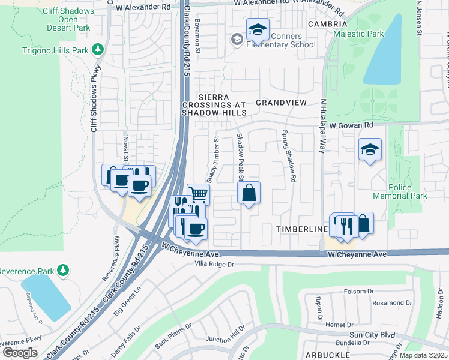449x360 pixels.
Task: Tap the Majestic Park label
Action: tap(358, 34)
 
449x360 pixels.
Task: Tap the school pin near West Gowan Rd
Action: tap(370, 150)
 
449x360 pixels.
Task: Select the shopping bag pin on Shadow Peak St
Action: tap(249, 193)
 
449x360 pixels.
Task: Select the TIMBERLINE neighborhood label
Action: tap(301, 230)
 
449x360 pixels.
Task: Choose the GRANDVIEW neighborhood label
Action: tap(281, 103)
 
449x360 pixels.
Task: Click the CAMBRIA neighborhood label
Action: tap(327, 24)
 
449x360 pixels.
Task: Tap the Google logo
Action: tap(20, 352)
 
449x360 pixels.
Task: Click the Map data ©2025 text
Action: tap(423, 355)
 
